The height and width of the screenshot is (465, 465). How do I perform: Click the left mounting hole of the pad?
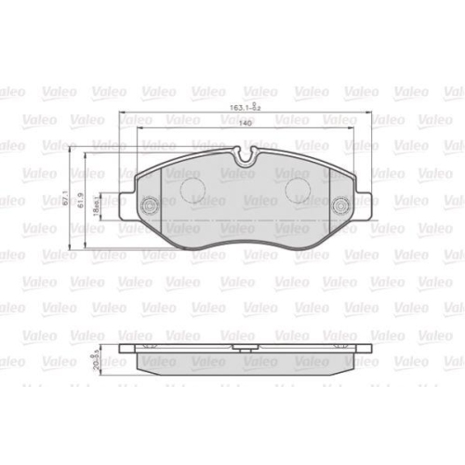click(x=147, y=206)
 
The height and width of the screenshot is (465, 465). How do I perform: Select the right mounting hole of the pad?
click(x=340, y=206)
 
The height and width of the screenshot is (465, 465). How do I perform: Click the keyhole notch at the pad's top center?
click(x=245, y=160)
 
